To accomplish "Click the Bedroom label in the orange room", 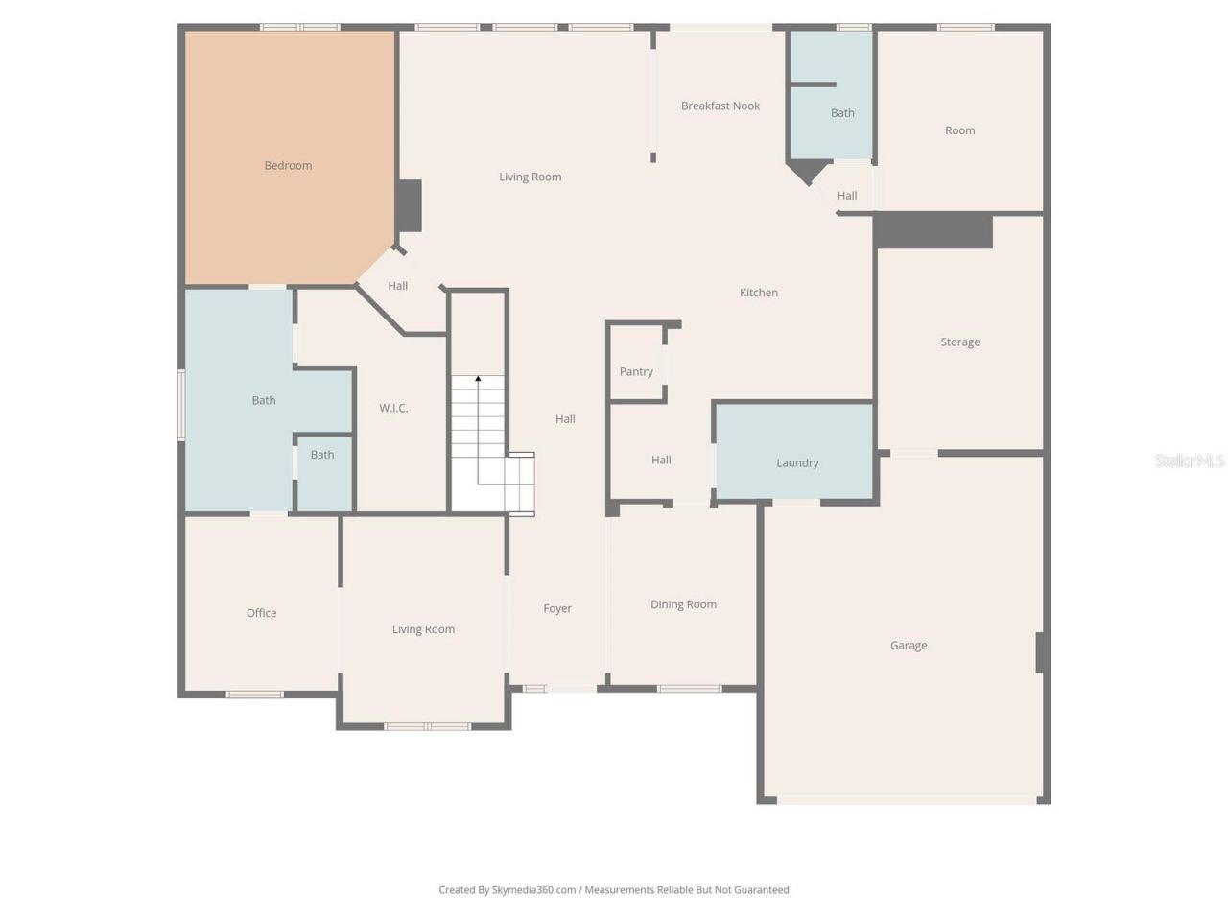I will pyautogui.click(x=288, y=166).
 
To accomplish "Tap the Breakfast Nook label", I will pyautogui.click(x=720, y=106).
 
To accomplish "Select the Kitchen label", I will pyautogui.click(x=758, y=293).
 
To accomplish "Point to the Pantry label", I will pyautogui.click(x=636, y=372).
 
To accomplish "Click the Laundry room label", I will pyautogui.click(x=796, y=463).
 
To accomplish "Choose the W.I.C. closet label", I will pyautogui.click(x=393, y=409).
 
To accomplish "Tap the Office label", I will pyautogui.click(x=261, y=613).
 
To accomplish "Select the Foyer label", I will pyautogui.click(x=557, y=609).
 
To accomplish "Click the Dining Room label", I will pyautogui.click(x=683, y=604).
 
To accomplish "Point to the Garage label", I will pyautogui.click(x=908, y=646).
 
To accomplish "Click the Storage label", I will pyautogui.click(x=959, y=342).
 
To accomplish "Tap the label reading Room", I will pyautogui.click(x=959, y=130).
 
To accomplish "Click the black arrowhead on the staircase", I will pyautogui.click(x=478, y=379).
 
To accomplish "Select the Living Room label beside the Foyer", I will pyautogui.click(x=423, y=630).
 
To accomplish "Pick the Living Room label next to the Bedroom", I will pyautogui.click(x=530, y=177).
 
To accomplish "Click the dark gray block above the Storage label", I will pyautogui.click(x=933, y=231).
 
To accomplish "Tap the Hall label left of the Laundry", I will pyautogui.click(x=661, y=460).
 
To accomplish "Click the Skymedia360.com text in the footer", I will pyautogui.click(x=533, y=890).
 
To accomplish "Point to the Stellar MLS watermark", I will pyautogui.click(x=1189, y=461).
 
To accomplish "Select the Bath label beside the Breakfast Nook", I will pyautogui.click(x=842, y=113).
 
